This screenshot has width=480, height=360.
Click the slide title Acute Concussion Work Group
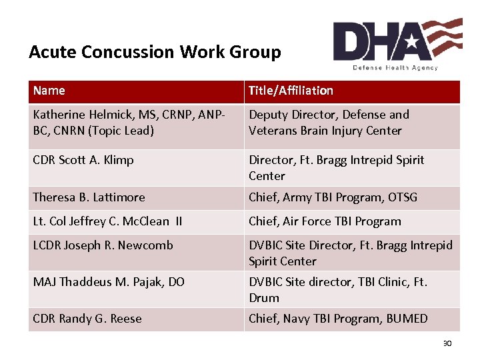155,52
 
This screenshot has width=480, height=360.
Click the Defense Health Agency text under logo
395,67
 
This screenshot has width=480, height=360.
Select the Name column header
49,91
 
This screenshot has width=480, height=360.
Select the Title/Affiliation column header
291,91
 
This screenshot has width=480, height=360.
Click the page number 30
447,343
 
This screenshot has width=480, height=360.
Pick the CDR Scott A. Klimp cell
83,160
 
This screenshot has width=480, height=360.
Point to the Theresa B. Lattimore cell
89,197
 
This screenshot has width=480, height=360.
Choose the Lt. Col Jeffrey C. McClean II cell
107,221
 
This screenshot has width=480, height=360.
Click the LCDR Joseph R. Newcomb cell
103,245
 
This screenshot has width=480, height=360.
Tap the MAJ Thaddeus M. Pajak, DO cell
109,282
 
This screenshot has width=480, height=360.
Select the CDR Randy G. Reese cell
87,319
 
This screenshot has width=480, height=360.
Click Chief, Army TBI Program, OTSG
333,197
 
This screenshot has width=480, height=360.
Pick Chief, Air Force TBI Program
325,221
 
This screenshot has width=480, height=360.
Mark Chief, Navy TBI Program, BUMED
338,319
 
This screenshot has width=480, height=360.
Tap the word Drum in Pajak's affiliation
264,298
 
